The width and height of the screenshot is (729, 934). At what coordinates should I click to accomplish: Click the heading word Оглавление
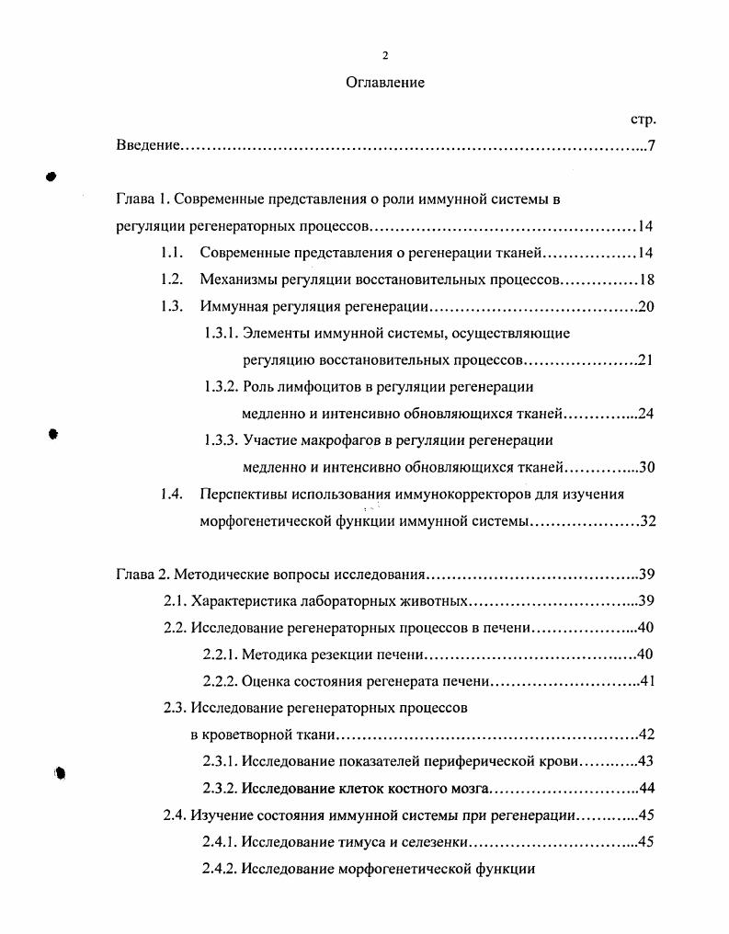point(385,83)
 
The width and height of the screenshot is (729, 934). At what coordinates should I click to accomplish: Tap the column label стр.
point(643,120)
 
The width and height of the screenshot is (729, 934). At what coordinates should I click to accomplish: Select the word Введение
point(147,146)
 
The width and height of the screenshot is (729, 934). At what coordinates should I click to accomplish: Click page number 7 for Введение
point(651,146)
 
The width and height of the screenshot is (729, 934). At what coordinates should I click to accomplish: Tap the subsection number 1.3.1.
point(222,333)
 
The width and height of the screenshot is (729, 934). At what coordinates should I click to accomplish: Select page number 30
point(645,467)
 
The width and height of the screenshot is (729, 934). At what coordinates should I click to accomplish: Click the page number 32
point(646,521)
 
